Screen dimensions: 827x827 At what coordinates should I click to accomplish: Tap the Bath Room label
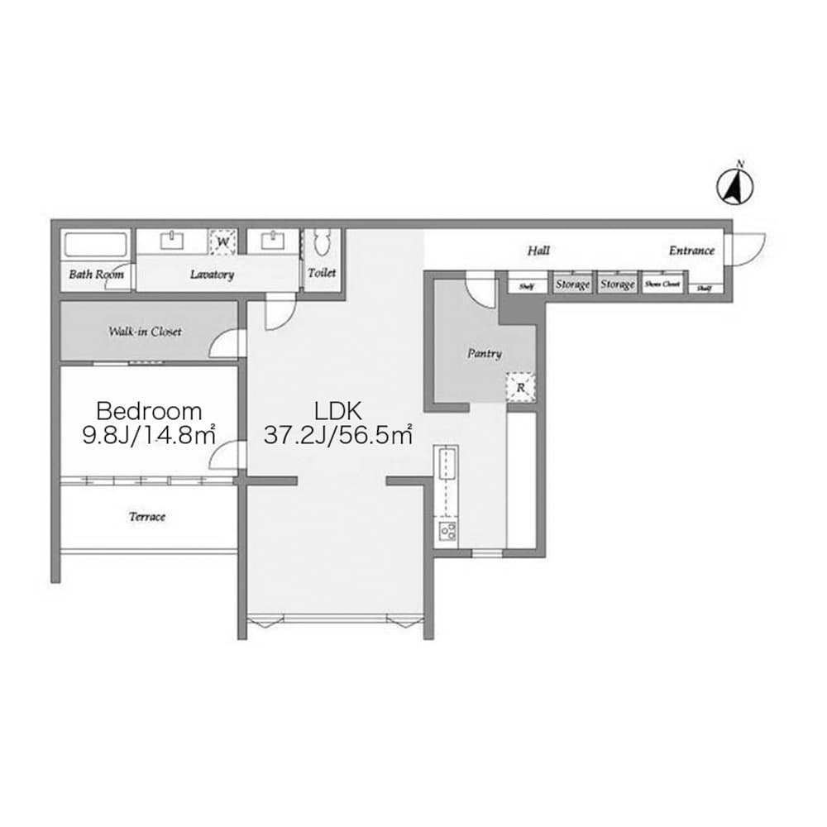click(96, 274)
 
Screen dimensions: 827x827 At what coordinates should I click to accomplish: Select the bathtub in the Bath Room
click(96, 246)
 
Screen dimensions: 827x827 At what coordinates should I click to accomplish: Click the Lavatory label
click(212, 275)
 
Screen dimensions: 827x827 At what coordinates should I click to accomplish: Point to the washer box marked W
click(222, 242)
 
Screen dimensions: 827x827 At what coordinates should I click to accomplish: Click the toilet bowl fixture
click(322, 243)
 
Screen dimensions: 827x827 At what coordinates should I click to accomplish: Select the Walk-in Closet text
click(145, 332)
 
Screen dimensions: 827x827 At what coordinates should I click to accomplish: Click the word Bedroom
click(149, 410)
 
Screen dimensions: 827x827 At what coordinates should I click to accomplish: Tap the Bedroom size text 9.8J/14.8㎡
click(149, 435)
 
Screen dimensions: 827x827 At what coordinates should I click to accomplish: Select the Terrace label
click(147, 517)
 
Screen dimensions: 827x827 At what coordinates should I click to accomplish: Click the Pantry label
click(484, 353)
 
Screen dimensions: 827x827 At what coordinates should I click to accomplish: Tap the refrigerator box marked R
click(520, 387)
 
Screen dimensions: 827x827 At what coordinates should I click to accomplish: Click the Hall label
click(538, 251)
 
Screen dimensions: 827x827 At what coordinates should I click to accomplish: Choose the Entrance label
click(691, 251)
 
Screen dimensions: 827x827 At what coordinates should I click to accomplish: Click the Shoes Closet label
click(662, 284)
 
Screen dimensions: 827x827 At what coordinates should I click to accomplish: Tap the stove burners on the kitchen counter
click(447, 530)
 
